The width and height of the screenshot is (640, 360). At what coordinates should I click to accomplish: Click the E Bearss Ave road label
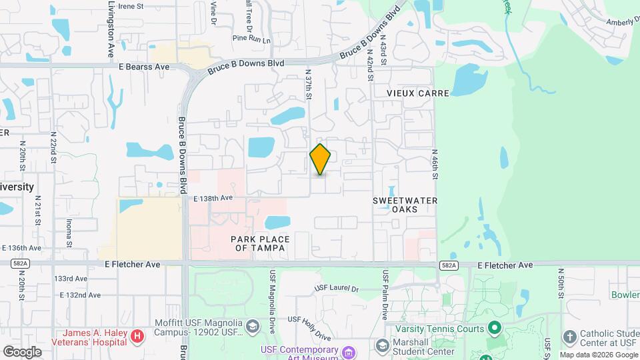pos(145,67)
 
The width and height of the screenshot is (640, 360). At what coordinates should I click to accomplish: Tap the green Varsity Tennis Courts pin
pos(494,327)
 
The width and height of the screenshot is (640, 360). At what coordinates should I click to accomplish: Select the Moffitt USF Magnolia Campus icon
pos(253,326)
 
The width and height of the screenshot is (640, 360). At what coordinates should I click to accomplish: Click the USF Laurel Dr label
pos(337,289)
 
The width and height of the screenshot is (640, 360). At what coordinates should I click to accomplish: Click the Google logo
pos(21,351)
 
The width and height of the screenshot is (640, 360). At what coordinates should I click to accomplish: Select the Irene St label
pos(131,6)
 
